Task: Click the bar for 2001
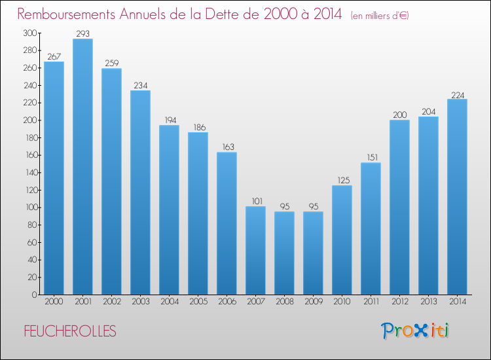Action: [x=82, y=167]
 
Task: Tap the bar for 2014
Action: [x=457, y=197]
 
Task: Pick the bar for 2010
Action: [x=342, y=240]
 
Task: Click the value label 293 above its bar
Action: [x=82, y=33]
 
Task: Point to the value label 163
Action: [x=227, y=147]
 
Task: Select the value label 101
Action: [x=255, y=201]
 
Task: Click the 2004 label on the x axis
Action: [x=169, y=302]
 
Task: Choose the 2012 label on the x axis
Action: [x=399, y=302]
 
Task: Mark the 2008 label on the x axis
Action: [x=284, y=302]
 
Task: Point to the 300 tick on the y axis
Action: [x=29, y=33]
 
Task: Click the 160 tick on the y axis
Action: [x=29, y=155]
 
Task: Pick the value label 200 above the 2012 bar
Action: [x=399, y=115]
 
